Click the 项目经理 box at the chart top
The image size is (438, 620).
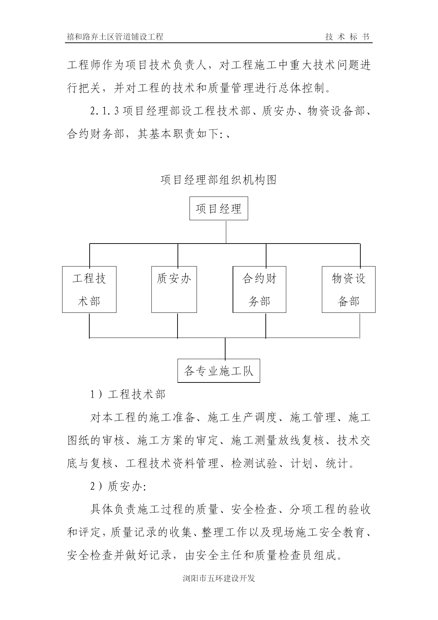tap(218, 209)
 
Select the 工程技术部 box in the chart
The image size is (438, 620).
tap(89, 289)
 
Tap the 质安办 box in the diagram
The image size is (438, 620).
tap(174, 289)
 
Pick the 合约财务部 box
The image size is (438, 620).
tap(259, 289)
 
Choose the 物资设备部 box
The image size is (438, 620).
tap(348, 289)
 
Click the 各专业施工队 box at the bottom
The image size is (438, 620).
tap(218, 371)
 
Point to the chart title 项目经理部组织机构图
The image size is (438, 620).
tap(218, 180)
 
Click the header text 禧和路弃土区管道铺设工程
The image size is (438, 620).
tap(115, 37)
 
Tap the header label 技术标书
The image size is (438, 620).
tap(347, 37)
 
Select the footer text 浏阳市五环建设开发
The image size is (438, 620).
tap(219, 579)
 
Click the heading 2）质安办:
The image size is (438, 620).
tap(118, 487)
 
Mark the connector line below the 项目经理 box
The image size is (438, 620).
tap(226, 232)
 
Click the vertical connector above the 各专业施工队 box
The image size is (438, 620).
tap(225, 349)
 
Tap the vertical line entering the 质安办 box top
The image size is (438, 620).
tap(178, 255)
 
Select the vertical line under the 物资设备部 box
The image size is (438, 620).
tap(360, 325)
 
